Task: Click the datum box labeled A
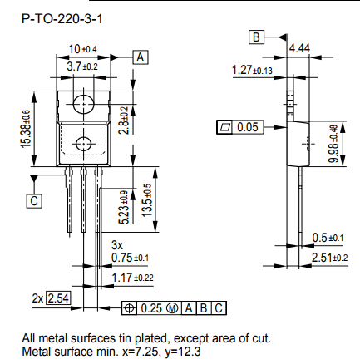141,57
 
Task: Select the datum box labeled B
257,37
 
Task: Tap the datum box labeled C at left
34,200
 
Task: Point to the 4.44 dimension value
300,49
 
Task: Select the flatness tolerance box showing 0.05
238,127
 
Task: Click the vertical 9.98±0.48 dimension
333,143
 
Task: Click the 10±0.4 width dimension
83,50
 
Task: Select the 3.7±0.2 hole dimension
83,66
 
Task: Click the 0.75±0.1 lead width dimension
130,258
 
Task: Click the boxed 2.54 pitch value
58,298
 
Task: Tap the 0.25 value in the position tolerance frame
150,308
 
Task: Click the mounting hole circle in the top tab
83,103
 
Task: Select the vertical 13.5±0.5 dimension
149,200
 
